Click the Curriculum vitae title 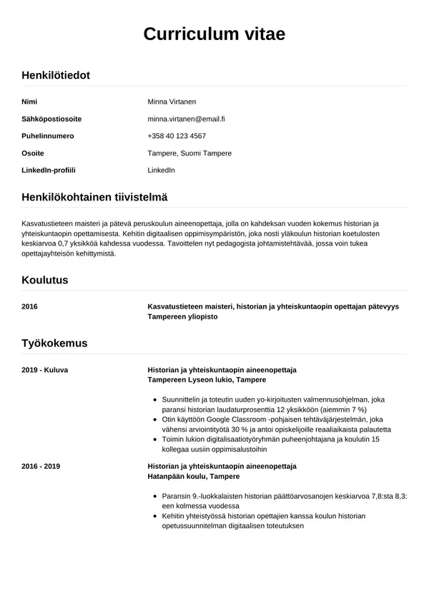click(x=214, y=34)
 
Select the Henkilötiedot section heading click(x=56, y=74)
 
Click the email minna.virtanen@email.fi click(x=186, y=119)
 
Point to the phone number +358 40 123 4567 click(x=177, y=136)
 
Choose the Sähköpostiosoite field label click(x=51, y=119)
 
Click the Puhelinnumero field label click(x=48, y=136)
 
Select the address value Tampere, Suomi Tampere click(x=189, y=153)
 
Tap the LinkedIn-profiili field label click(x=49, y=170)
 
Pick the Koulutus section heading click(x=45, y=280)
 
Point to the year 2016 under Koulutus click(x=30, y=306)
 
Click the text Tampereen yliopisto click(x=182, y=316)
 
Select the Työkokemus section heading click(x=54, y=343)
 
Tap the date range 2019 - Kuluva click(x=45, y=369)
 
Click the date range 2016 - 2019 click(x=41, y=466)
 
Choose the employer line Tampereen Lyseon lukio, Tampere click(x=206, y=379)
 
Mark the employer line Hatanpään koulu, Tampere click(x=193, y=476)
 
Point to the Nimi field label click(x=29, y=102)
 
